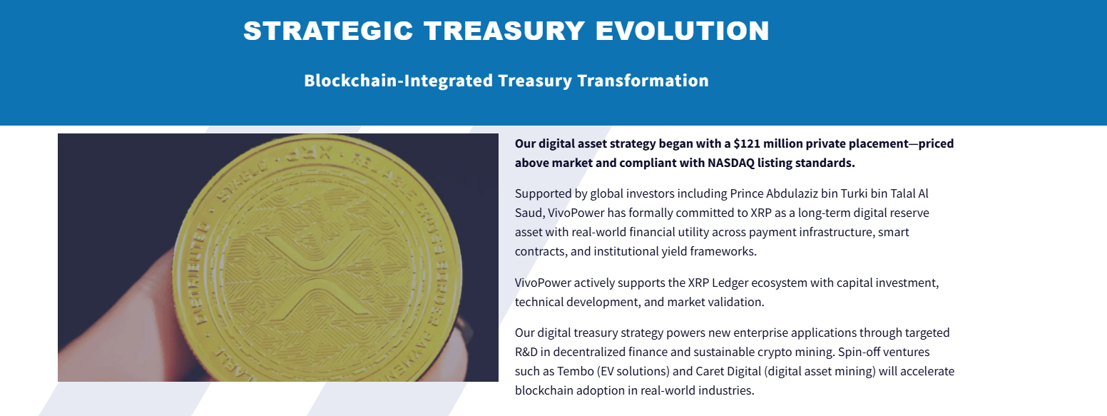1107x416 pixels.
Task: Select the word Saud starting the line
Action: (x=529, y=213)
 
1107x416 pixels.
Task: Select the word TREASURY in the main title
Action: (x=504, y=31)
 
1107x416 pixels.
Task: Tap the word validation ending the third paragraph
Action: (x=733, y=302)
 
